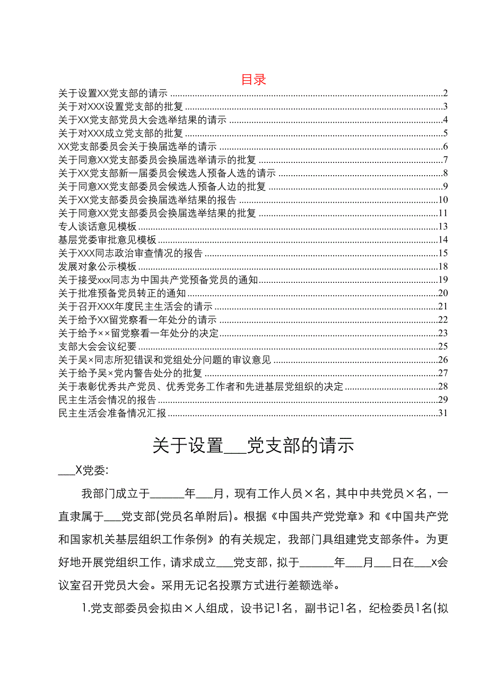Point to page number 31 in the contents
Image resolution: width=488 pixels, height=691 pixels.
(444, 413)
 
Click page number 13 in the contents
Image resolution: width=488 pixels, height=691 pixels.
(444, 227)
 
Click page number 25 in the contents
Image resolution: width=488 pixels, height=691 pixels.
(444, 347)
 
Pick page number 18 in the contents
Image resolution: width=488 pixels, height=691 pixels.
(444, 266)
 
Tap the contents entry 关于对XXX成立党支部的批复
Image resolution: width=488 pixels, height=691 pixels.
(120, 133)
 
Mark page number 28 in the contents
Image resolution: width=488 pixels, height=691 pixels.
(444, 386)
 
